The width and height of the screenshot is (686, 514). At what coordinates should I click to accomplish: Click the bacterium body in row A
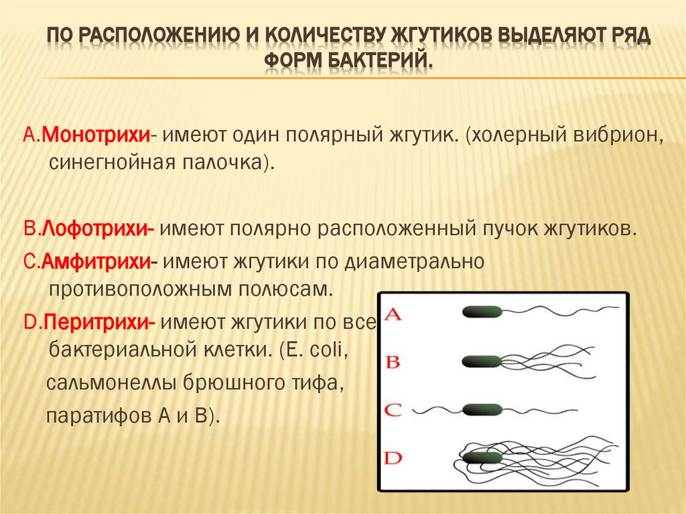[482, 312]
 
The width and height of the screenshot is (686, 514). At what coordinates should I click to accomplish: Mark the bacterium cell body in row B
[482, 362]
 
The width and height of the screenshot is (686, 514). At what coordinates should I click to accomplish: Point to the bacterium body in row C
[482, 409]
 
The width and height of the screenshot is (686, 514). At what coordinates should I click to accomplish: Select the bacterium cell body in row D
[482, 458]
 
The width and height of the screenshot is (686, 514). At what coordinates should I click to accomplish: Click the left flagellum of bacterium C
[435, 409]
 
